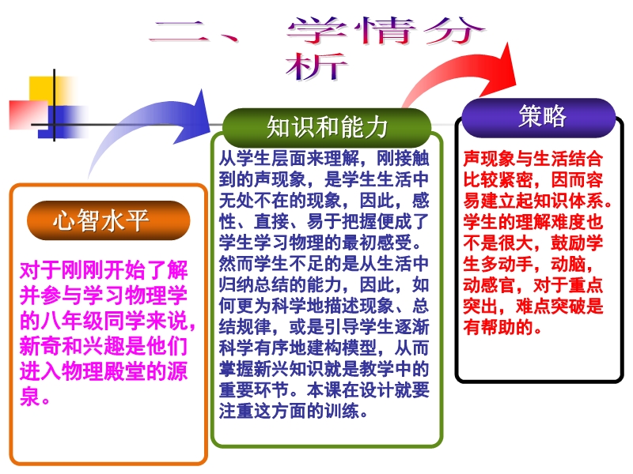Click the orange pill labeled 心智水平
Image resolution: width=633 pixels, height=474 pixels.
[x=108, y=220]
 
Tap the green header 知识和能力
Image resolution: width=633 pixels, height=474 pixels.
[x=327, y=127]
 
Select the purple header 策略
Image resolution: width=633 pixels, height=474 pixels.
[x=539, y=118]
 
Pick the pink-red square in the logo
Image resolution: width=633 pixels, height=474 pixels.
[x=28, y=115]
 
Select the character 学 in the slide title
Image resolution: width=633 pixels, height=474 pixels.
[x=317, y=30]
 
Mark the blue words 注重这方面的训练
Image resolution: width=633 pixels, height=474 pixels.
[x=289, y=411]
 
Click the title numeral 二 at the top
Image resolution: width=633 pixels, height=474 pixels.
[x=180, y=32]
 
